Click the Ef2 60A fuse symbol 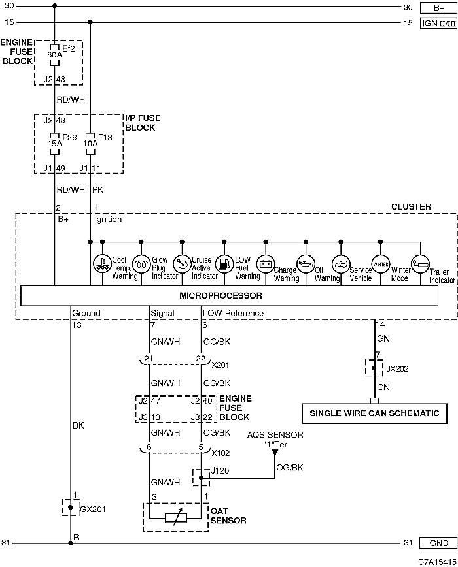(54, 55)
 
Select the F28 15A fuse (54, 144)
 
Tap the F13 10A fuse (90, 144)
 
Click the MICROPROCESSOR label (220, 295)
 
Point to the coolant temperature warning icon (103, 264)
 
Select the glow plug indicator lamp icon (141, 264)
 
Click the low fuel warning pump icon (224, 264)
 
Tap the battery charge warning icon (266, 264)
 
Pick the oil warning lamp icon (306, 264)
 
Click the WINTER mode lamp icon (381, 264)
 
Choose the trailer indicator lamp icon (420, 264)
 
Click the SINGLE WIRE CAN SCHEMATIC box (374, 413)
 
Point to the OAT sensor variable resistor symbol (176, 518)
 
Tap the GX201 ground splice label (93, 509)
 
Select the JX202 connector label (397, 369)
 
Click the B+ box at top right (438, 8)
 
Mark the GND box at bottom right (438, 543)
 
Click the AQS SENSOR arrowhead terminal (275, 452)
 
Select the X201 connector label (220, 365)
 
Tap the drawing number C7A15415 (437, 562)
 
